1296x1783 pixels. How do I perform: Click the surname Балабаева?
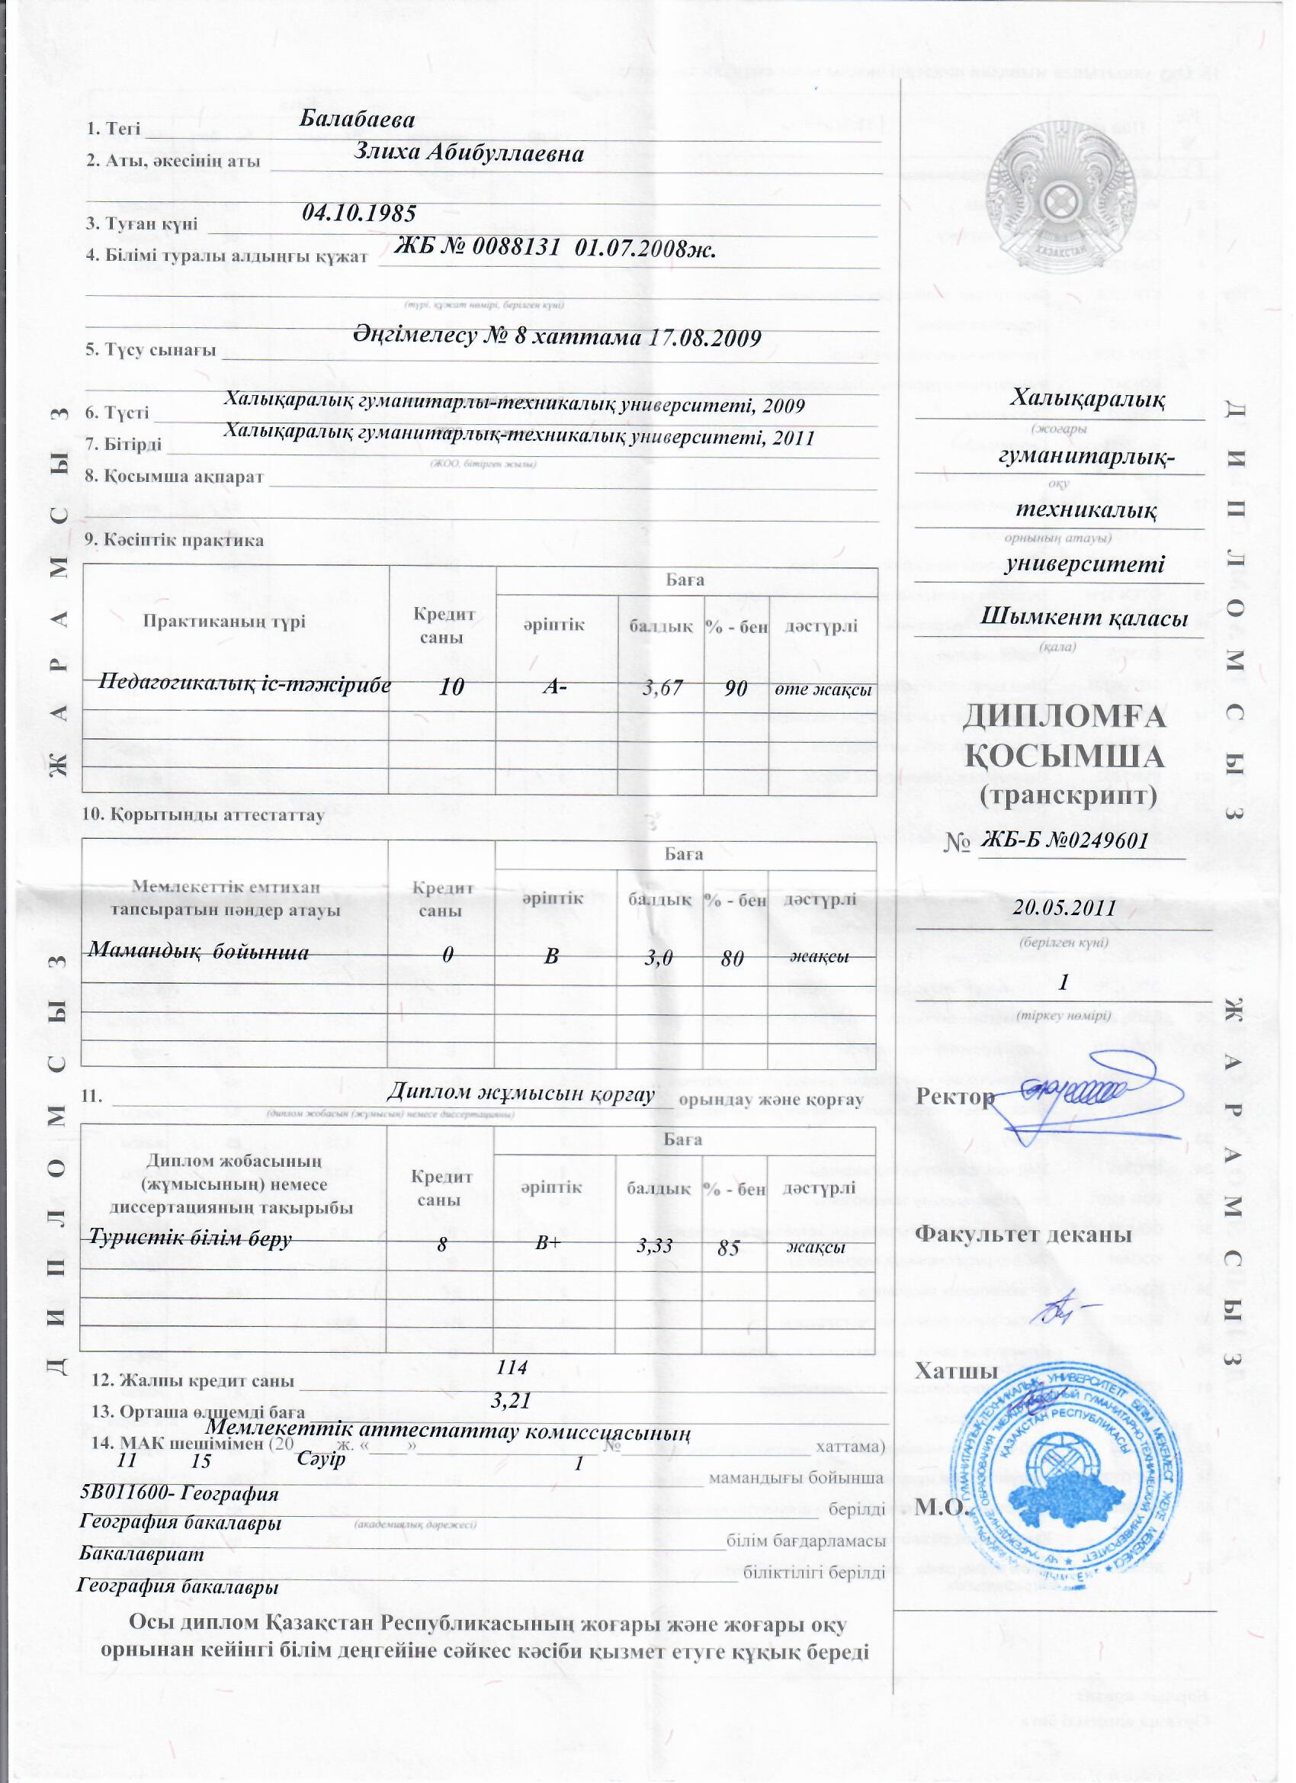pyautogui.click(x=358, y=120)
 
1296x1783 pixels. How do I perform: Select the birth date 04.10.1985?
pyautogui.click(x=359, y=212)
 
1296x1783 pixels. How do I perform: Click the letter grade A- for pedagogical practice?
pyautogui.click(x=556, y=687)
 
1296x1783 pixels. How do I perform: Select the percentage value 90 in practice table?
pyautogui.click(x=736, y=689)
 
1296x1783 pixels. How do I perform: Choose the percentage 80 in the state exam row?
pyautogui.click(x=733, y=960)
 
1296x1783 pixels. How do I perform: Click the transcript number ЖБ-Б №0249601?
pyautogui.click(x=1066, y=840)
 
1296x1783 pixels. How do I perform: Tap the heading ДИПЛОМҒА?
pyautogui.click(x=1064, y=718)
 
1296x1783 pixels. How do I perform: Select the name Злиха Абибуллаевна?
pyautogui.click(x=469, y=153)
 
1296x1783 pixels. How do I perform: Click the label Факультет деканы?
pyautogui.click(x=1023, y=1233)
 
